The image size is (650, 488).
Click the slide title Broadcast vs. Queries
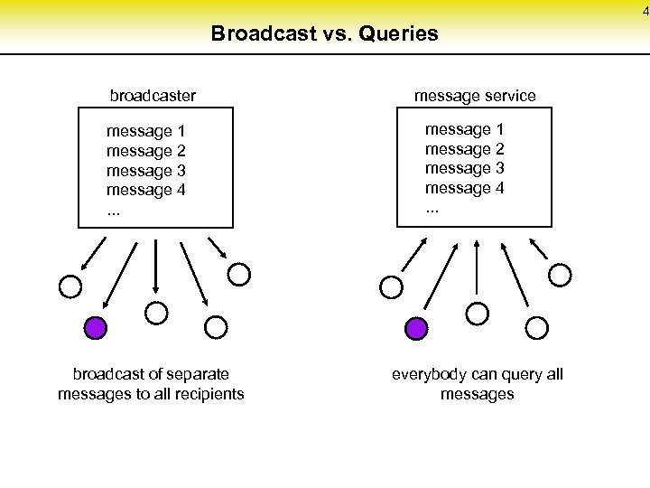[324, 34]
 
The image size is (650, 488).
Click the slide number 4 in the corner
[645, 11]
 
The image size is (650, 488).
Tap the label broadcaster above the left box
[153, 95]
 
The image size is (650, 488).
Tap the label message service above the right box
[475, 95]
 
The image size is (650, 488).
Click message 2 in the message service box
[464, 149]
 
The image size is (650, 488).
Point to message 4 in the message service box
[464, 188]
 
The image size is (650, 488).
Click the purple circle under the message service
[416, 328]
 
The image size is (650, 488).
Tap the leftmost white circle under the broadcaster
[70, 287]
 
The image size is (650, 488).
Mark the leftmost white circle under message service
[391, 287]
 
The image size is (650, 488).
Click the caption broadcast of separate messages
[151, 383]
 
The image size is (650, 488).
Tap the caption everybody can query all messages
[477, 383]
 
